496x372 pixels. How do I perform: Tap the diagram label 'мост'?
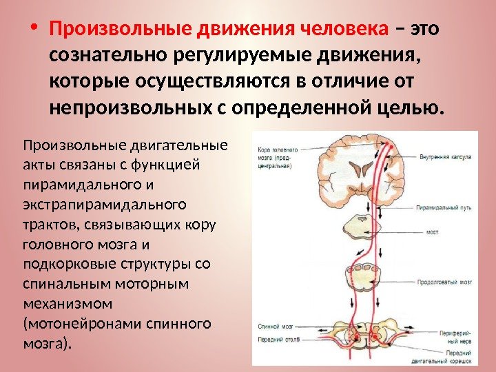click(433, 232)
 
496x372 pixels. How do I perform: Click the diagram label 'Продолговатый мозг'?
click(444, 282)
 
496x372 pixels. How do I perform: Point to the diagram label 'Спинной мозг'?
click(275, 327)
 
